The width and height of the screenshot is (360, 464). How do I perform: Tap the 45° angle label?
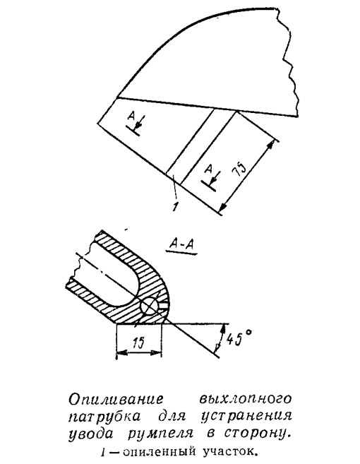tap(240, 338)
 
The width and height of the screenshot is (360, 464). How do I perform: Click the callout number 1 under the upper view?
tap(175, 206)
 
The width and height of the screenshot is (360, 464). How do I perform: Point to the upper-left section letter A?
tap(131, 117)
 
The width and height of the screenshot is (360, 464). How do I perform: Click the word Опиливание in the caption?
tap(116, 400)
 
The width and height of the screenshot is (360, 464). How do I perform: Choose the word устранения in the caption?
tap(246, 417)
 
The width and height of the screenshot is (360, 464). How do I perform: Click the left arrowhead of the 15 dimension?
tap(121, 352)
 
